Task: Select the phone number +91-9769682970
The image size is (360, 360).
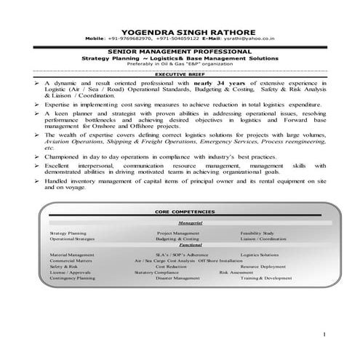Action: click(129, 40)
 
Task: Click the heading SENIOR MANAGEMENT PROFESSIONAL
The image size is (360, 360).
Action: click(180, 52)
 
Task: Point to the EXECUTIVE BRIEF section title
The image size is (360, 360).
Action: click(180, 76)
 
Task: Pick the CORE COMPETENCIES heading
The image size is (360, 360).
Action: click(180, 210)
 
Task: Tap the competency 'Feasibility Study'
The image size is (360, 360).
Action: click(257, 233)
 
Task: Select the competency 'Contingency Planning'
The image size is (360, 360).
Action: click(73, 279)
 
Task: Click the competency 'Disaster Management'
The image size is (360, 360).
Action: click(178, 279)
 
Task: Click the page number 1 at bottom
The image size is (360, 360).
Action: click(323, 334)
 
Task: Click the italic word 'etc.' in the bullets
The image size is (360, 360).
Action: click(49, 146)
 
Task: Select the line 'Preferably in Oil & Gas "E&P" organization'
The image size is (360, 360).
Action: click(180, 64)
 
